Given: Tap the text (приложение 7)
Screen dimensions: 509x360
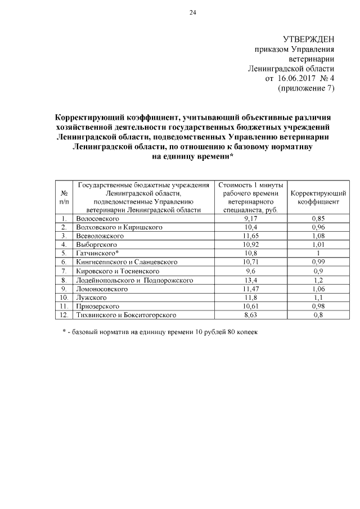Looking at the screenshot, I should (x=306, y=88).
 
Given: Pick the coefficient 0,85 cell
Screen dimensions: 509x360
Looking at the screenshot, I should (x=318, y=218).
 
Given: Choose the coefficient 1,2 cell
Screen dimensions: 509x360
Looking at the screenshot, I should (x=318, y=280).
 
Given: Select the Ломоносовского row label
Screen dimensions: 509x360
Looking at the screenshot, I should (x=100, y=289).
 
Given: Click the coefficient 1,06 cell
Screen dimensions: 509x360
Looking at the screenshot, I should (x=318, y=289).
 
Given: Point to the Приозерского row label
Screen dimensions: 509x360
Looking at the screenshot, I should (x=97, y=306).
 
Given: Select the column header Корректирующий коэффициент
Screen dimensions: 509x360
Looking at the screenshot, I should (x=318, y=197).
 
